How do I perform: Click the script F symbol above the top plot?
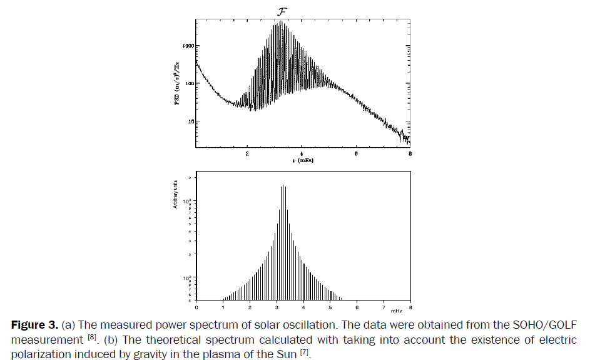pyautogui.click(x=282, y=11)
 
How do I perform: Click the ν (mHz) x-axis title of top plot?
pyautogui.click(x=303, y=162)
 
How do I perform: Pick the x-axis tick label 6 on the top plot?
pyautogui.click(x=356, y=153)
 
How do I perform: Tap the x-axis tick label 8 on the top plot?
pyautogui.click(x=410, y=153)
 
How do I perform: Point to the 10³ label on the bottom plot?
pyautogui.click(x=186, y=201)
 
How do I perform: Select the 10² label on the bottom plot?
pyautogui.click(x=186, y=277)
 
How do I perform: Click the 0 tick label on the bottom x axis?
pyautogui.click(x=196, y=307)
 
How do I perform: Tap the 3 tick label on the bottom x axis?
pyautogui.click(x=277, y=307)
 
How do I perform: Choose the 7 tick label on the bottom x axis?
pyautogui.click(x=383, y=307)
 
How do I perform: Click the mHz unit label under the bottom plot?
pyautogui.click(x=397, y=311)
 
